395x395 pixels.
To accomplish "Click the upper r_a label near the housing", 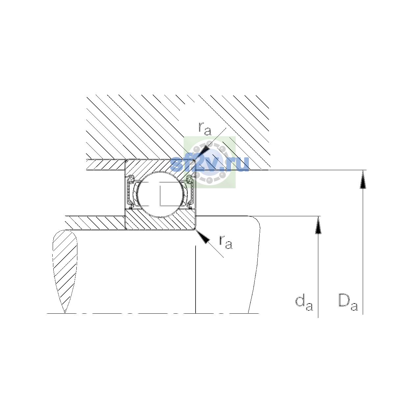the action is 205,128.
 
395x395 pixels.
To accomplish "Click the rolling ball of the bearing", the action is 161,194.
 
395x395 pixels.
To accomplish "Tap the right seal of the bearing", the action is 190,192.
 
